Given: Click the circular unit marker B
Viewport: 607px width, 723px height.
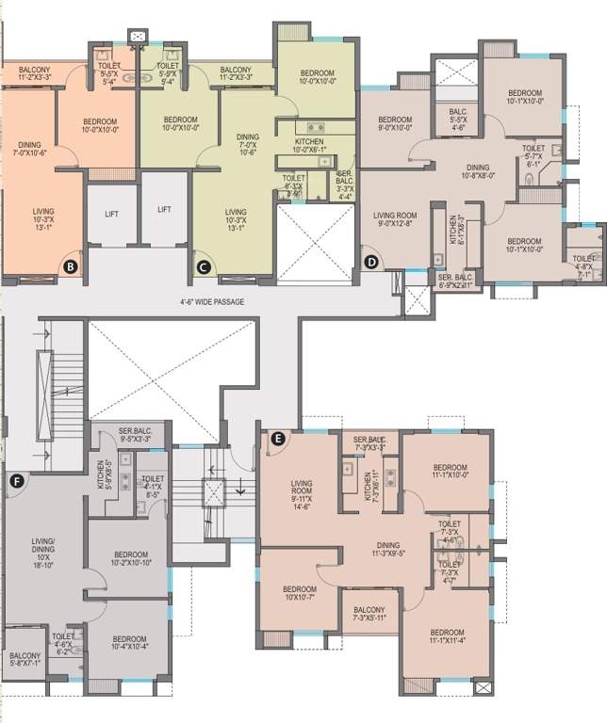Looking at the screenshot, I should coord(69,266).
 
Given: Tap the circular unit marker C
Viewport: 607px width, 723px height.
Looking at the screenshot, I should coord(203,266).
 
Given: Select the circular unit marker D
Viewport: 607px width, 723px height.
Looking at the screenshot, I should coord(371,262).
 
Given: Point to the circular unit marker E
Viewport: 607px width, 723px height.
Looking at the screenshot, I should coord(277,438).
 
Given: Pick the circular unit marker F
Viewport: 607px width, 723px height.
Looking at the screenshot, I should coord(14,482).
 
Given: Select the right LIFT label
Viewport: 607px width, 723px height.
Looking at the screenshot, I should coord(164,210).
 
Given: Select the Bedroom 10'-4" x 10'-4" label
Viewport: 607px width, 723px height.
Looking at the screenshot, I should coord(129,640).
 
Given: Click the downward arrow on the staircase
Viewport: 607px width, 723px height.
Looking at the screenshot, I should coord(239,487).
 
